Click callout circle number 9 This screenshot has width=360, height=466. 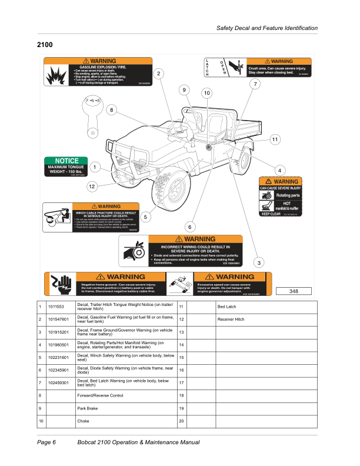click(184, 90)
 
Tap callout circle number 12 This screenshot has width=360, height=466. click(92, 187)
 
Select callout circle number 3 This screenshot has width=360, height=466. click(259, 262)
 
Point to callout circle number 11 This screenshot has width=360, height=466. click(275, 139)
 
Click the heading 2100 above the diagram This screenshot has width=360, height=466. click(45, 45)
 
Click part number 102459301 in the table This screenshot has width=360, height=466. click(59, 383)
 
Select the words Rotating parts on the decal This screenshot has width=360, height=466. click(288, 195)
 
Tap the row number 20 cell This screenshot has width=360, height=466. click(182, 421)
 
